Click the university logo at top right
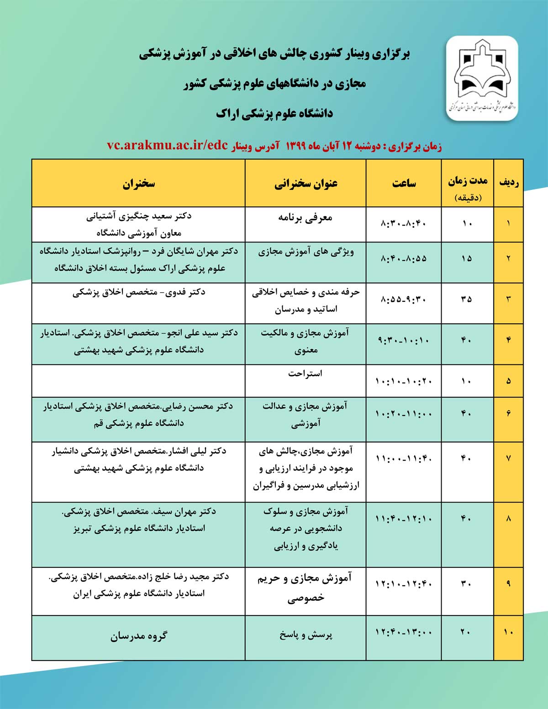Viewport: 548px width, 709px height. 482,79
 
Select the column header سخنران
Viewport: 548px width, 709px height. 138,184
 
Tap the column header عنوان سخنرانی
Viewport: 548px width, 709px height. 306,184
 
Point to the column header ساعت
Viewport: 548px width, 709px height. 404,184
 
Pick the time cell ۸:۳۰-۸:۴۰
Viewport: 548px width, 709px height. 404,224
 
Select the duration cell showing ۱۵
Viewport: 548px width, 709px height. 466,258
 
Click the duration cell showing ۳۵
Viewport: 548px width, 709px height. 466,299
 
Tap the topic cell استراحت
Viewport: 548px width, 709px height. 305,373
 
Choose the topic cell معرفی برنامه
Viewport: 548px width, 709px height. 305,218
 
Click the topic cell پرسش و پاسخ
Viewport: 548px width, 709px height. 306,635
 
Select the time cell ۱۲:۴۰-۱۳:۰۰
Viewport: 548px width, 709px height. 404,632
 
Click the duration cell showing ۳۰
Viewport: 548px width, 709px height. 466,583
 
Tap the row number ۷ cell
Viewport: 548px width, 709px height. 509,458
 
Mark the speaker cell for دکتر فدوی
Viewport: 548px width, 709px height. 139,292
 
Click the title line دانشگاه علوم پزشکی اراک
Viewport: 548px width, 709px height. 274,114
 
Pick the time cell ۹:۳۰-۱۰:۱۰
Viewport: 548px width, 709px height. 404,340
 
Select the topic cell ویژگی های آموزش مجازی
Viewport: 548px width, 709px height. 306,252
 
